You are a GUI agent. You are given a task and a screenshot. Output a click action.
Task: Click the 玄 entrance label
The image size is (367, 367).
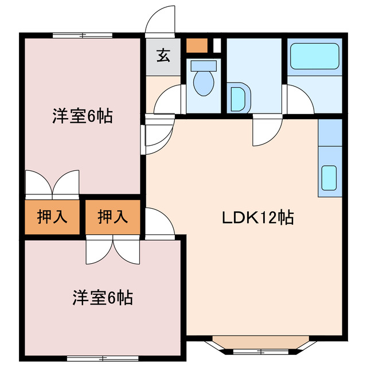pos(163,55)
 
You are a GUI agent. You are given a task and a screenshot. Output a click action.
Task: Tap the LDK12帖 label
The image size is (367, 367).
pos(257,218)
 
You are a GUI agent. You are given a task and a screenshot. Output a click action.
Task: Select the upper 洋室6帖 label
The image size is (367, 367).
pos(83,116)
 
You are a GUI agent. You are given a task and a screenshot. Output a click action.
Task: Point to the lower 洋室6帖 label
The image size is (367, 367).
pos(103,298)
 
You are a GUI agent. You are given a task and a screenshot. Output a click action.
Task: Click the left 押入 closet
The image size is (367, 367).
pos(52,217)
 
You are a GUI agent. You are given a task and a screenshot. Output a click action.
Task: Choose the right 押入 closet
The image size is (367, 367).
pos(113,217)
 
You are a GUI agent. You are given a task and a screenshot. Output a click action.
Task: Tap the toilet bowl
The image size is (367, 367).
pos(204,83)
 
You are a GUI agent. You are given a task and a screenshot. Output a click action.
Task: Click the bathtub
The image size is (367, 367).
pos(315,56)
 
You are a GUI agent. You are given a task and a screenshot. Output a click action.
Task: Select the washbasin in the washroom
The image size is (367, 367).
pos(239,98)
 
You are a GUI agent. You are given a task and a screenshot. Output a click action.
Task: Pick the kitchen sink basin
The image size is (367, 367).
pos(329,174)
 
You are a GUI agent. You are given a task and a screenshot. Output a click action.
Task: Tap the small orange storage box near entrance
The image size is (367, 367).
pos(197,46)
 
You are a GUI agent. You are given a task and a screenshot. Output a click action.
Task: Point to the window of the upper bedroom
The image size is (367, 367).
pos(83,36)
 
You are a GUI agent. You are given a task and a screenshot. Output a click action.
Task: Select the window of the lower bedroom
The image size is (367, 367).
pos(103,358)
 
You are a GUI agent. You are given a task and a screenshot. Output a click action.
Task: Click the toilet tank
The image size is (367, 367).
pos(204,66)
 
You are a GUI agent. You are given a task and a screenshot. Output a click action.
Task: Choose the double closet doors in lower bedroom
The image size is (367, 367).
pos(113,250)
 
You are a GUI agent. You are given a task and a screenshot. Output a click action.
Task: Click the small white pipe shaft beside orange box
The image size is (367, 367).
pos(217,46)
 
